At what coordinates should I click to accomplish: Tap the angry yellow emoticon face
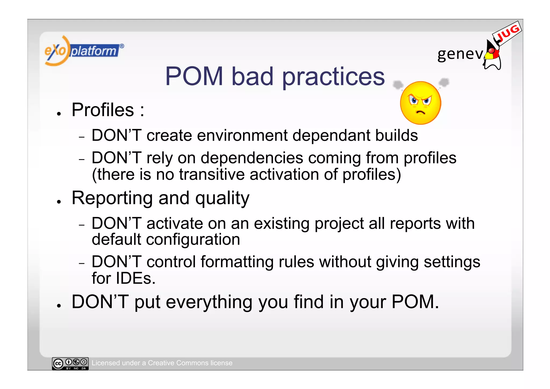(x=420, y=103)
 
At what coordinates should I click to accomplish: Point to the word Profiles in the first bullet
(x=103, y=110)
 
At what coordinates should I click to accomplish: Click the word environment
(x=242, y=135)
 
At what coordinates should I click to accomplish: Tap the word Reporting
(x=112, y=198)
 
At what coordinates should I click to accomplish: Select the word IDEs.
(x=135, y=278)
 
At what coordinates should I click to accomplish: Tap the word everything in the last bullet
(x=209, y=302)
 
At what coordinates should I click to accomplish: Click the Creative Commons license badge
(x=70, y=363)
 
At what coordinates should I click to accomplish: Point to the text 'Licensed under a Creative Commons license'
(x=162, y=363)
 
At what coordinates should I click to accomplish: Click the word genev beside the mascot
(x=460, y=54)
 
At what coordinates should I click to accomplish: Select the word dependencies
(x=252, y=158)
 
